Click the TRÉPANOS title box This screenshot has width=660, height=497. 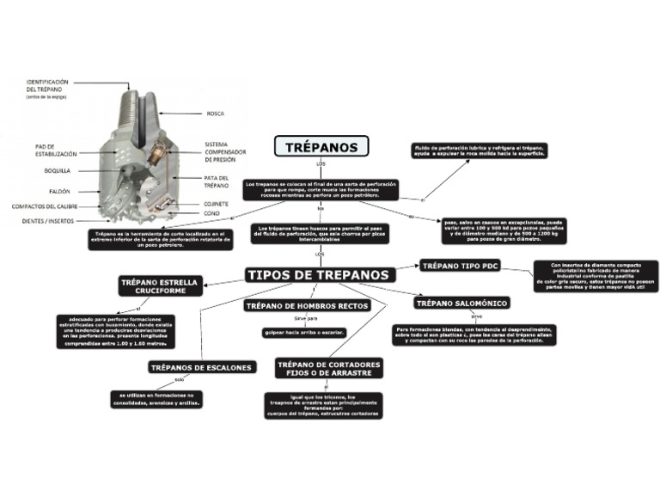pyautogui.click(x=321, y=146)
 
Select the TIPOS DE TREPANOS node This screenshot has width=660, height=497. pyautogui.click(x=320, y=274)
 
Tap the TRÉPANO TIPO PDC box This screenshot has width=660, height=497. pyautogui.click(x=461, y=266)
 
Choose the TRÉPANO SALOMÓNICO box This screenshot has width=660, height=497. pyautogui.click(x=462, y=303)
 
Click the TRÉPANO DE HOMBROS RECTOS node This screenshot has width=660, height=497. pyautogui.click(x=307, y=305)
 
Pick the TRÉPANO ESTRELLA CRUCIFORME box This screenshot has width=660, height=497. pyautogui.click(x=160, y=285)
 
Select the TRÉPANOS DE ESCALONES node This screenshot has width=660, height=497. pyautogui.click(x=202, y=367)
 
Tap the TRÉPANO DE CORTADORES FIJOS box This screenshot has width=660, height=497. pyautogui.click(x=329, y=368)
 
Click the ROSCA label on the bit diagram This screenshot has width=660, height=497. pyautogui.click(x=216, y=114)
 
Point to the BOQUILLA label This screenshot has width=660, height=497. pyautogui.click(x=58, y=170)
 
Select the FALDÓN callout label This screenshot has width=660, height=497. pyautogui.click(x=59, y=191)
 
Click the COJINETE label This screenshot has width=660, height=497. pyautogui.click(x=216, y=203)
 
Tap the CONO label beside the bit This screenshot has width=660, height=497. pyautogui.click(x=211, y=212)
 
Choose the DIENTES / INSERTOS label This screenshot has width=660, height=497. pyautogui.click(x=48, y=221)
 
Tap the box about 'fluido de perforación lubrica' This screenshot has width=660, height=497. pyautogui.click(x=480, y=151)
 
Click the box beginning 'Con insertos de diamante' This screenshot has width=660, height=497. pyautogui.click(x=595, y=276)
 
